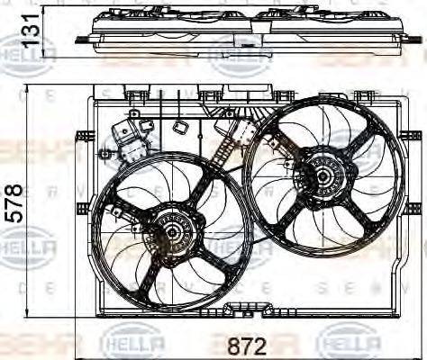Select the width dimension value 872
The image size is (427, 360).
245,344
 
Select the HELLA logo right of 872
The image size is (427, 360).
349,343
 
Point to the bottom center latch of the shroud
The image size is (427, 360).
243,310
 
